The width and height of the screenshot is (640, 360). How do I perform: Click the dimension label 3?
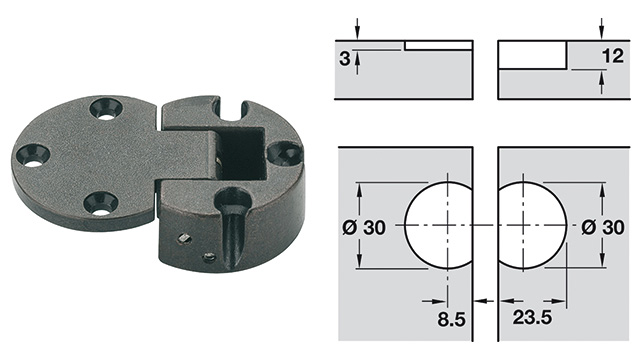pyautogui.click(x=345, y=59)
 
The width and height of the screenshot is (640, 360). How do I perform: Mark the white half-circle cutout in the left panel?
pyautogui.click(x=440, y=227)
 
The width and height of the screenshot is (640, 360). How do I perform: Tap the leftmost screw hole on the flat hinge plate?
pyautogui.click(x=32, y=156)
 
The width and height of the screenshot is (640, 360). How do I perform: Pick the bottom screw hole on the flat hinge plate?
pyautogui.click(x=99, y=203)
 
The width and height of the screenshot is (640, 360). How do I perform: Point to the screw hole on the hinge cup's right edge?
pyautogui.click(x=285, y=153)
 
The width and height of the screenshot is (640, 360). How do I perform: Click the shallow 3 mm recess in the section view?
pyautogui.click(x=438, y=45)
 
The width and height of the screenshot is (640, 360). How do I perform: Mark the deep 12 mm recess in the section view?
pyautogui.click(x=532, y=55)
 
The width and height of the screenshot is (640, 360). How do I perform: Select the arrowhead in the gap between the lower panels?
pyautogui.click(x=484, y=299)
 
